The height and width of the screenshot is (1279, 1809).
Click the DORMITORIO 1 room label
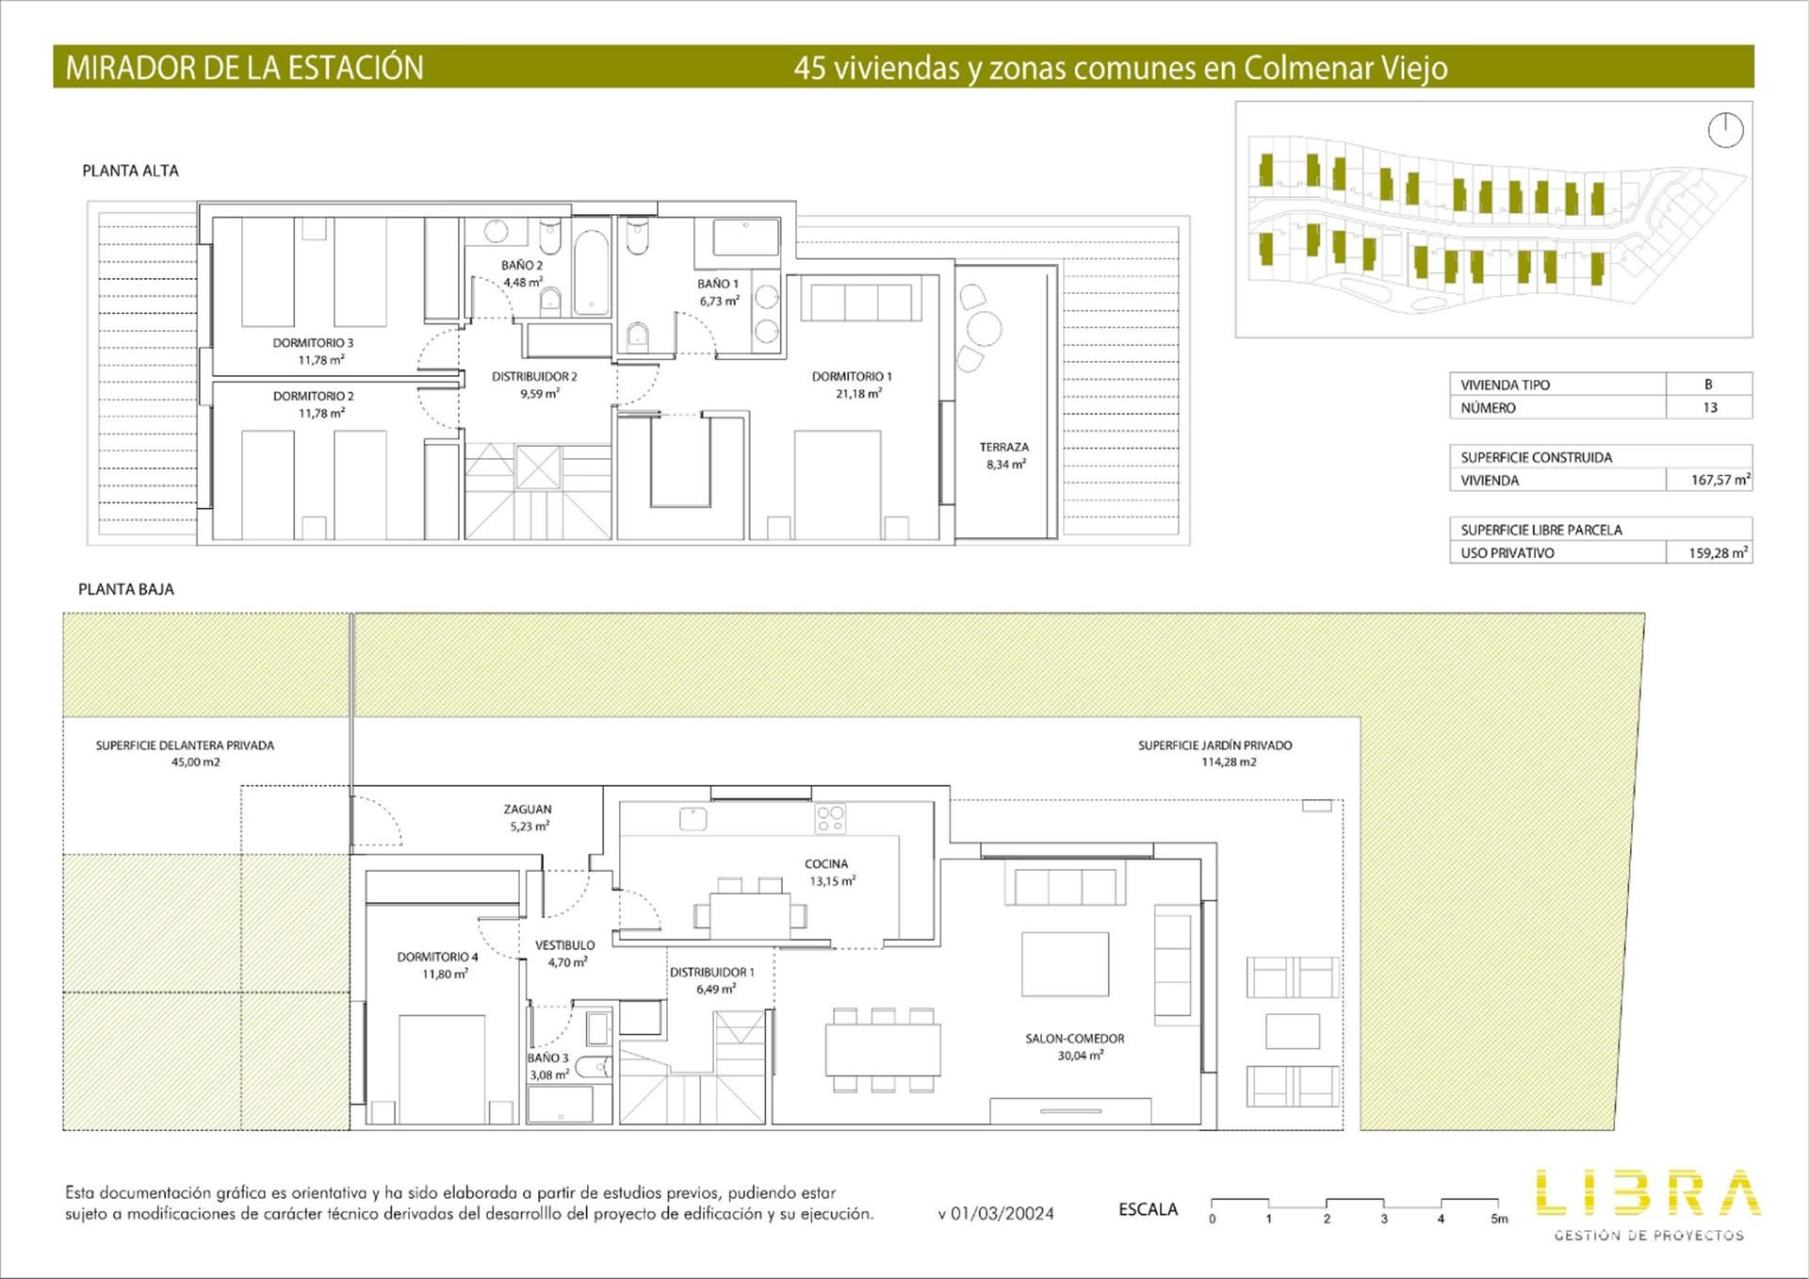tap(852, 376)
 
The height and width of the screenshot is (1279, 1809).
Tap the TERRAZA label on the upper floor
tap(1004, 447)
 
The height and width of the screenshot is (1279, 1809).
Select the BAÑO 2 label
tap(522, 265)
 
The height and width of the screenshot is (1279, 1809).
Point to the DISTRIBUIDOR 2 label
tap(534, 376)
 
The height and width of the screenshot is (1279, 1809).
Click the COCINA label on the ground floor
tap(826, 863)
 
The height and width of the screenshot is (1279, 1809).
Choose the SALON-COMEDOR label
tap(1075, 1039)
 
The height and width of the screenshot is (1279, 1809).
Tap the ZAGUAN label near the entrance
tap(528, 809)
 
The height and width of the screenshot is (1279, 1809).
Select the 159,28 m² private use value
tap(1719, 552)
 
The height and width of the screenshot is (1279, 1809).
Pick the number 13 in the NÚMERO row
tap(1710, 408)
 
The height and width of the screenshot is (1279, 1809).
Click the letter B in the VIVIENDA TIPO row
tap(1708, 385)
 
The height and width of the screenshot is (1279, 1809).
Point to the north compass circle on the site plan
tap(1726, 130)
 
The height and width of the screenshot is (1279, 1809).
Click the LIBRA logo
tap(1648, 1192)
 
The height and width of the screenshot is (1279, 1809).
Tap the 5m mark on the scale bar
tap(1499, 1219)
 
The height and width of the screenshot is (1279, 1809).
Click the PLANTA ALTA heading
tap(130, 171)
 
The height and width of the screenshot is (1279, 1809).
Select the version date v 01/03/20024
tap(996, 1214)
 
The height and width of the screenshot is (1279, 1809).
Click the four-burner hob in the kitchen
tap(831, 819)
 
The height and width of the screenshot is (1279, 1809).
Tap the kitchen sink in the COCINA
tap(693, 819)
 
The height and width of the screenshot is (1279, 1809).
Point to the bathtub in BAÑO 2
tap(592, 271)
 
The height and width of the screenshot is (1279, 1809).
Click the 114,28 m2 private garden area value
tap(1229, 762)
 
